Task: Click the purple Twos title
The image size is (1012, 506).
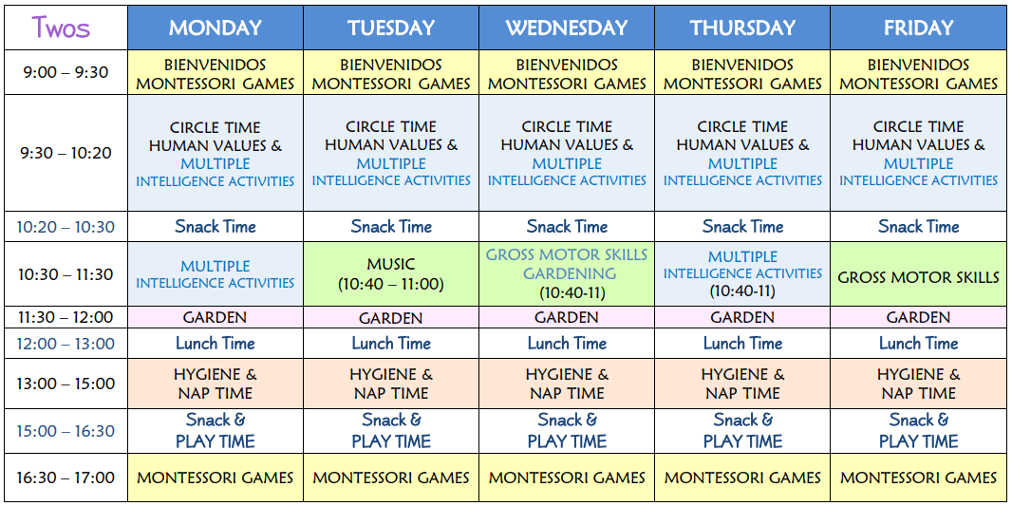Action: point(61,28)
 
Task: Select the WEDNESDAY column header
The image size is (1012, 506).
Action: point(567,28)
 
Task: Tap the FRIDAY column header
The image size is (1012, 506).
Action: point(918,28)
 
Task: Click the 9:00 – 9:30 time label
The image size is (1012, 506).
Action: point(66,72)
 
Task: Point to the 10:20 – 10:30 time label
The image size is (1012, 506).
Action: point(66,227)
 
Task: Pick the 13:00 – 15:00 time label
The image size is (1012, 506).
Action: point(66,384)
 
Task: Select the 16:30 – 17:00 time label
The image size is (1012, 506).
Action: point(66,478)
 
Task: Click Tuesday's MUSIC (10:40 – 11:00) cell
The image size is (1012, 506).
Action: point(391,274)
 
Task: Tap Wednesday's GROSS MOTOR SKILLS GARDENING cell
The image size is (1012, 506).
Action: point(567,274)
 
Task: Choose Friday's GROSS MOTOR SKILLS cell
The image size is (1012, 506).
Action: point(918,274)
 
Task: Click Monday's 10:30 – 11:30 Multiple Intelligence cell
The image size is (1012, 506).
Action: point(215,274)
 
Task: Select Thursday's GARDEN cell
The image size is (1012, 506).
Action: point(742,317)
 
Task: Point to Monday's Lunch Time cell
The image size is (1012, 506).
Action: point(215,344)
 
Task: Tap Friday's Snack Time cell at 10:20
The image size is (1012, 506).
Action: point(918,227)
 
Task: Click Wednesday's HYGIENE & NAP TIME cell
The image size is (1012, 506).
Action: point(567,384)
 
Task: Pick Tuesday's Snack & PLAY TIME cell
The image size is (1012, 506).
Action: point(391,430)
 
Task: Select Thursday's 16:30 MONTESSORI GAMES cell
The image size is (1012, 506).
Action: point(742,478)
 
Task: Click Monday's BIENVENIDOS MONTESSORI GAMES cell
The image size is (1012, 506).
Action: point(215,74)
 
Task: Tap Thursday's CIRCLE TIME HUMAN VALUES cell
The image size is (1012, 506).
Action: point(742,153)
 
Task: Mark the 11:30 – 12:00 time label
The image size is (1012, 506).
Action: point(66,317)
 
